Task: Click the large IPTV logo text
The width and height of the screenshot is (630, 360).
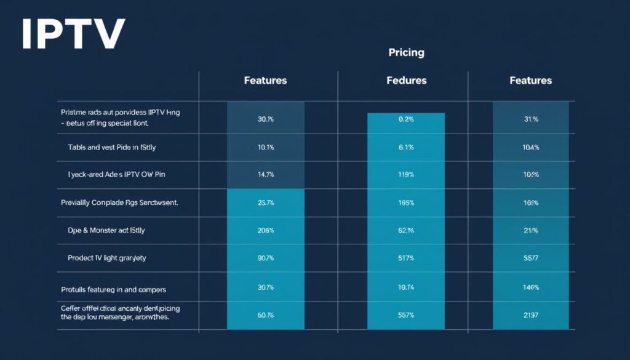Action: tap(73, 34)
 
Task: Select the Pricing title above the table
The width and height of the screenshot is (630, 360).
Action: tap(406, 52)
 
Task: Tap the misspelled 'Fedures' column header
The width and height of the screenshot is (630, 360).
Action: tap(406, 81)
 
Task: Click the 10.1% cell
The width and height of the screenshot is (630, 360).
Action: tap(266, 147)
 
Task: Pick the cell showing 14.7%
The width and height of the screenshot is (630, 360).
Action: tap(266, 175)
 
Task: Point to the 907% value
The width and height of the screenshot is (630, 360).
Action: tap(266, 258)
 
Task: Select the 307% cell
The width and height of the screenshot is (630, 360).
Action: tap(266, 288)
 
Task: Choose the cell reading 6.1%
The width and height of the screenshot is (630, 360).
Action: tap(406, 147)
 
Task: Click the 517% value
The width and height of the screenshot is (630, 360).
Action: tap(406, 258)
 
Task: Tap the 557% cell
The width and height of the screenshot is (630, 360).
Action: tap(406, 314)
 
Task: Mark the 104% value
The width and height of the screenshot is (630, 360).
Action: tap(531, 147)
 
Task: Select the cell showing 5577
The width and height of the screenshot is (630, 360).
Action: tap(531, 258)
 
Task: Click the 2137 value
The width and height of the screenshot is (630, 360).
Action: tap(531, 314)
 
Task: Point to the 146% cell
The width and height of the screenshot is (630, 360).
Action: tap(531, 288)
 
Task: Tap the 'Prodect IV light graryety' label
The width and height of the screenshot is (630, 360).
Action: tap(107, 258)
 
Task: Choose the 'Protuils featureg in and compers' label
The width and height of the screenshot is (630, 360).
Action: tap(113, 289)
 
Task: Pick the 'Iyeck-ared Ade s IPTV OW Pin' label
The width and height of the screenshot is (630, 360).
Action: tap(116, 175)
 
